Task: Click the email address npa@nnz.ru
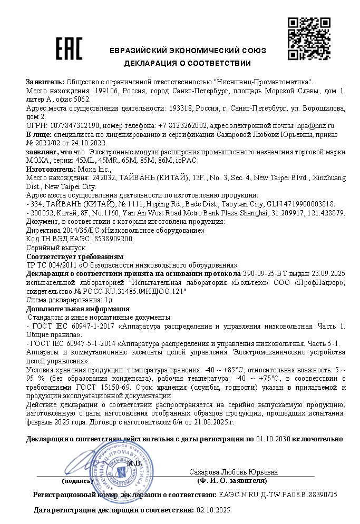(319, 126)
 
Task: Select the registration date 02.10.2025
(213, 510)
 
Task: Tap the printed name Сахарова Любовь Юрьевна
(233, 471)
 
